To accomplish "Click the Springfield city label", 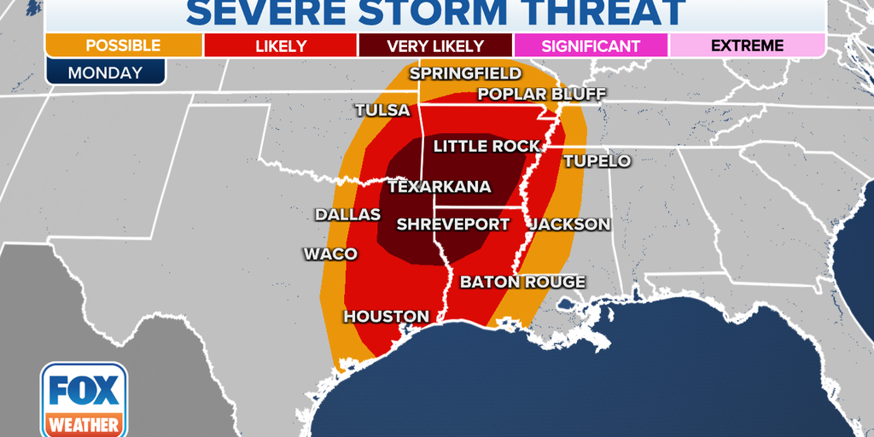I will (x=465, y=73).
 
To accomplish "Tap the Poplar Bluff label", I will (x=529, y=94).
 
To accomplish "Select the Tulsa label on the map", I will (x=382, y=111).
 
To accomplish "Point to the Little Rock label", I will (x=487, y=146).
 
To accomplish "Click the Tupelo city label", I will (x=597, y=160).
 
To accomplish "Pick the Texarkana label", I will (x=439, y=186).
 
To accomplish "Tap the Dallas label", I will (x=347, y=214).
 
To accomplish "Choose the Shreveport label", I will (x=452, y=224).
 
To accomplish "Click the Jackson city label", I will (x=570, y=224).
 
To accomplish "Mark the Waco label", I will (x=330, y=253).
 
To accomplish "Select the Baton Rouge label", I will (x=522, y=282).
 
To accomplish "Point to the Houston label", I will (x=386, y=317).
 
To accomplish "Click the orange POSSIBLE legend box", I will (x=123, y=45).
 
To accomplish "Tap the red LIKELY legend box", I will (x=281, y=45).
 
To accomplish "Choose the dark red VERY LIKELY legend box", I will (x=435, y=45).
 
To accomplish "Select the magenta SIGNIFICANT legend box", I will (x=591, y=45).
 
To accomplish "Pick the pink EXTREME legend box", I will (x=747, y=45).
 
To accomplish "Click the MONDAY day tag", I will (x=104, y=72).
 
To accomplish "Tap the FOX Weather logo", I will (x=84, y=399).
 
